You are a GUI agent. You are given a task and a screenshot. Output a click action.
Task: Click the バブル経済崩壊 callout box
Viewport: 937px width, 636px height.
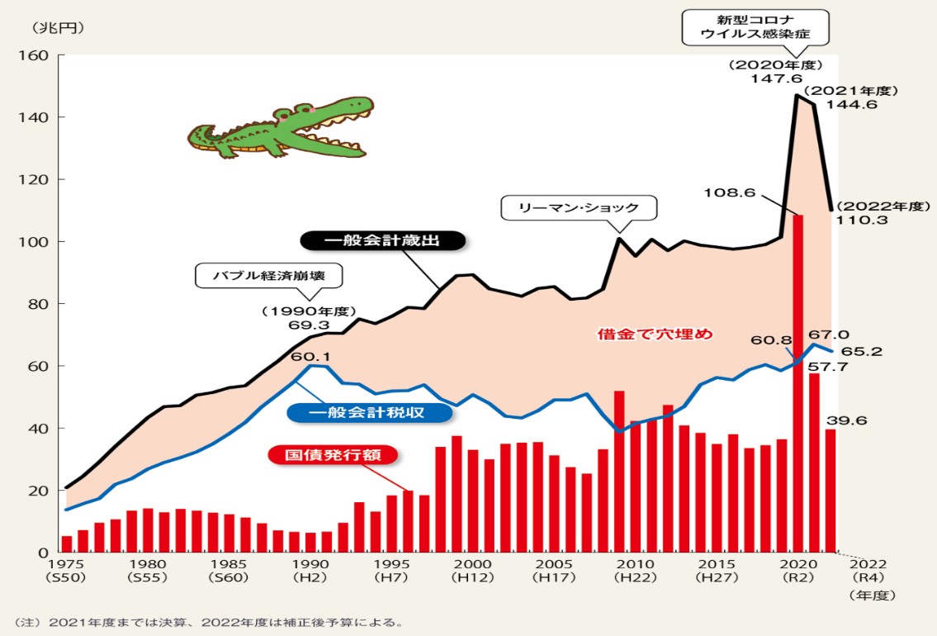(x=267, y=275)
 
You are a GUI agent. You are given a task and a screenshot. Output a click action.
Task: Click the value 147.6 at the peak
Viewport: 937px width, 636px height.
(x=776, y=78)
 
